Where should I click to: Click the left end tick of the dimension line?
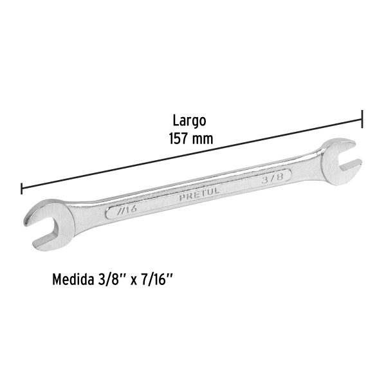(x=22, y=188)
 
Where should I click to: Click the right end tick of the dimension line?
(x=362, y=119)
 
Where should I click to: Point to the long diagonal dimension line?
(x=193, y=154)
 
